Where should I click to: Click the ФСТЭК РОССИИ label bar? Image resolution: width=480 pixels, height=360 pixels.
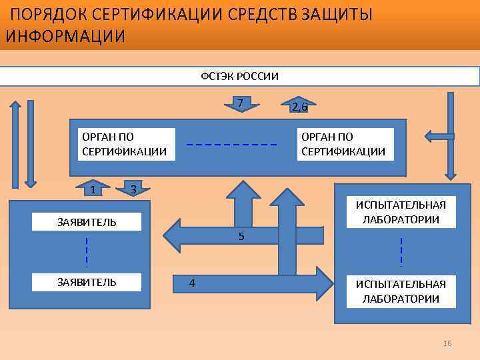click(x=240, y=76)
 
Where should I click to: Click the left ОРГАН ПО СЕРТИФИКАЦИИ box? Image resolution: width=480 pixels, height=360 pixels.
click(x=124, y=144)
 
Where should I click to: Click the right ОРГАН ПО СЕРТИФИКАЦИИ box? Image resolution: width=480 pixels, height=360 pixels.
click(x=343, y=144)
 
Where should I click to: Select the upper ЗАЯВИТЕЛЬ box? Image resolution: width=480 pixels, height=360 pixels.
click(x=87, y=222)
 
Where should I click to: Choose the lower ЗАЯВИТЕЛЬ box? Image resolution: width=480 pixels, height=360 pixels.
click(x=87, y=282)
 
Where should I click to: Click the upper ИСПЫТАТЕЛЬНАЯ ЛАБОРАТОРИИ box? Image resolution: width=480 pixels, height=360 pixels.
click(x=401, y=211)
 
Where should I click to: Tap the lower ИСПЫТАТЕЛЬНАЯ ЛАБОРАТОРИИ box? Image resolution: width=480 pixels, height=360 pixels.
click(x=401, y=291)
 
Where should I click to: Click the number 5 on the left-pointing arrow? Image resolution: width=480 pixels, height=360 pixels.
click(x=241, y=237)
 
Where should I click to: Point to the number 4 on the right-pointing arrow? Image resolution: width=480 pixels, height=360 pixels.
click(x=192, y=283)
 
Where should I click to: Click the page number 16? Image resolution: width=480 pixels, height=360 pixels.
click(x=447, y=343)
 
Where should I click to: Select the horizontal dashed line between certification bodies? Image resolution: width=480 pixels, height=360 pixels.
click(x=231, y=145)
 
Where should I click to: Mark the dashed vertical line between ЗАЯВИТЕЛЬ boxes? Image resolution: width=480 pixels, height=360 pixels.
click(x=87, y=252)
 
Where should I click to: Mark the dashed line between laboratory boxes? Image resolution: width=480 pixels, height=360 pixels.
click(x=401, y=252)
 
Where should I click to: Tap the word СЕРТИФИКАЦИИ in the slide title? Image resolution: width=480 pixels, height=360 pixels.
click(x=159, y=14)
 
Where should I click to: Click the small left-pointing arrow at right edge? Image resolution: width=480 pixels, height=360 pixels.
click(x=439, y=137)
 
